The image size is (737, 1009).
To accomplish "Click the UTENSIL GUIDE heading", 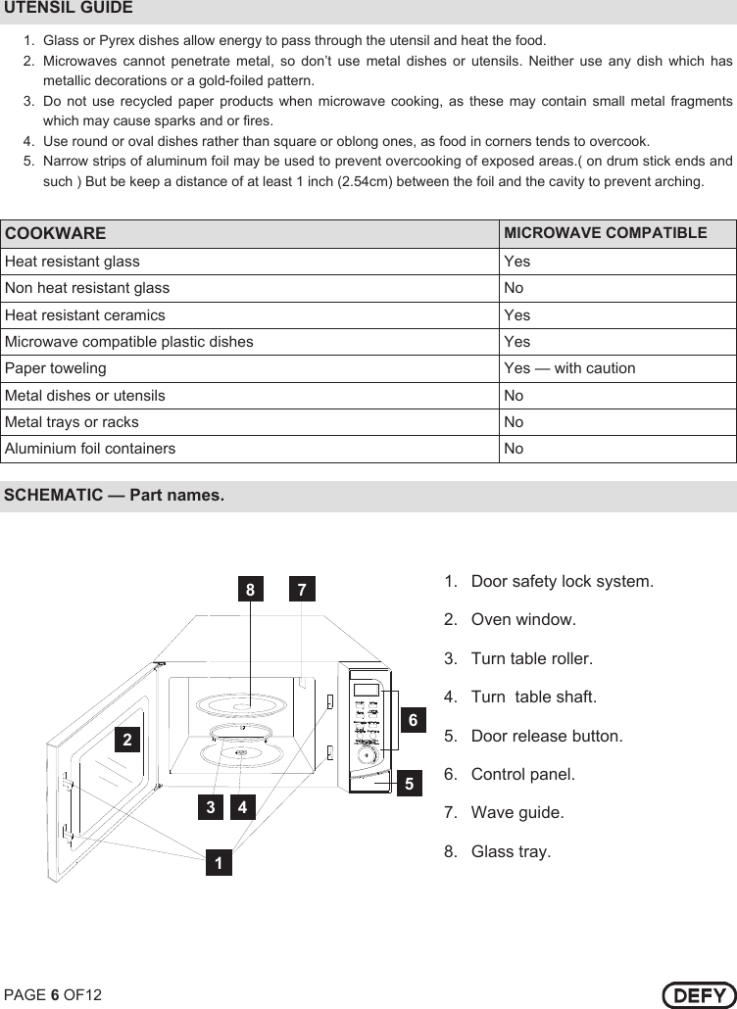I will point(69,9).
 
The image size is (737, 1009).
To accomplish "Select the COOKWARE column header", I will point(56,234).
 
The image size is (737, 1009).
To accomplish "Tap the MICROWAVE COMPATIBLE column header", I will point(605,233).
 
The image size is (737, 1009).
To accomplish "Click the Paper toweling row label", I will point(56,368).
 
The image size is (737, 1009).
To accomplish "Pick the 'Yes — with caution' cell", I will point(569,368).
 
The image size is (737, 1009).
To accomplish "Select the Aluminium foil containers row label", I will point(90,449).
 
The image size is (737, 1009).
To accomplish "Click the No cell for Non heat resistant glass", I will point(514,288).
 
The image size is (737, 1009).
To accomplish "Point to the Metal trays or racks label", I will point(72,422).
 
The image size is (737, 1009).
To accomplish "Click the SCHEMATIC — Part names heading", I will point(114,495).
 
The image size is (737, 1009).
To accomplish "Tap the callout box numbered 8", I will point(251,591).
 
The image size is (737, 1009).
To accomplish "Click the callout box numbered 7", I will point(302,591).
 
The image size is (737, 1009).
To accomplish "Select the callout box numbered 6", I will point(413,720).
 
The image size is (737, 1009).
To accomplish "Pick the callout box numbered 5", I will point(409,784).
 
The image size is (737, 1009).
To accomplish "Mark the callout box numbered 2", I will point(127,739).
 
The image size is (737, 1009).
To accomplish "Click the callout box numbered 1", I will point(220,863).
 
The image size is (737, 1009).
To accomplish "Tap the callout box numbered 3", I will point(210,807).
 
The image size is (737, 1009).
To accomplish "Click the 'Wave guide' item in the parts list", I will point(516,813).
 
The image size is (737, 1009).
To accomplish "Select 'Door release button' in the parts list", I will point(546,736).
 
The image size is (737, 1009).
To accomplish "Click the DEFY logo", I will point(698,994).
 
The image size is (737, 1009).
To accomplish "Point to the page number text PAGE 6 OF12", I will point(53,995).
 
